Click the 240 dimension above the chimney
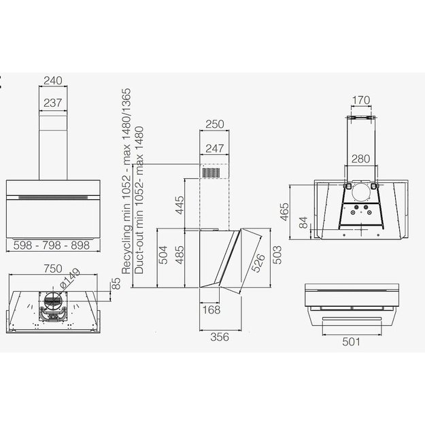point(53,80)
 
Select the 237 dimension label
point(53,103)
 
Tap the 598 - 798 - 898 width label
point(52,245)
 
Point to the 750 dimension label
point(53,269)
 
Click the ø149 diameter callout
point(69,278)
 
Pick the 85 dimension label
point(116,284)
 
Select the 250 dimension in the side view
point(215,124)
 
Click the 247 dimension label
point(215,148)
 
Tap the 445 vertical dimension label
point(180,205)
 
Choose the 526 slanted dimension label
point(258,262)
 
